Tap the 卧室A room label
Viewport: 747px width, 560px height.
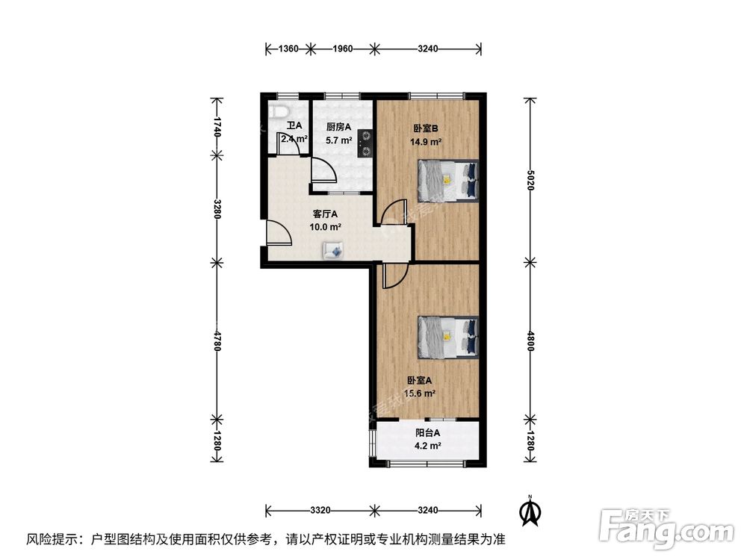420,381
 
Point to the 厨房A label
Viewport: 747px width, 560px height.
338,127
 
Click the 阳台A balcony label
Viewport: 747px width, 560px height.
427,433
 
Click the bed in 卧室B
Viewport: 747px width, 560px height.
447,180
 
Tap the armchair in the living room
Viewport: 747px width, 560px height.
332,250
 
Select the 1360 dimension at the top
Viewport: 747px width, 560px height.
288,49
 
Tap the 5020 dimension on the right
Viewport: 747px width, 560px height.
529,180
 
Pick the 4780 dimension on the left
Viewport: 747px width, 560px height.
217,340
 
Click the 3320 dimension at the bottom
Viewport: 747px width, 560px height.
320,511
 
